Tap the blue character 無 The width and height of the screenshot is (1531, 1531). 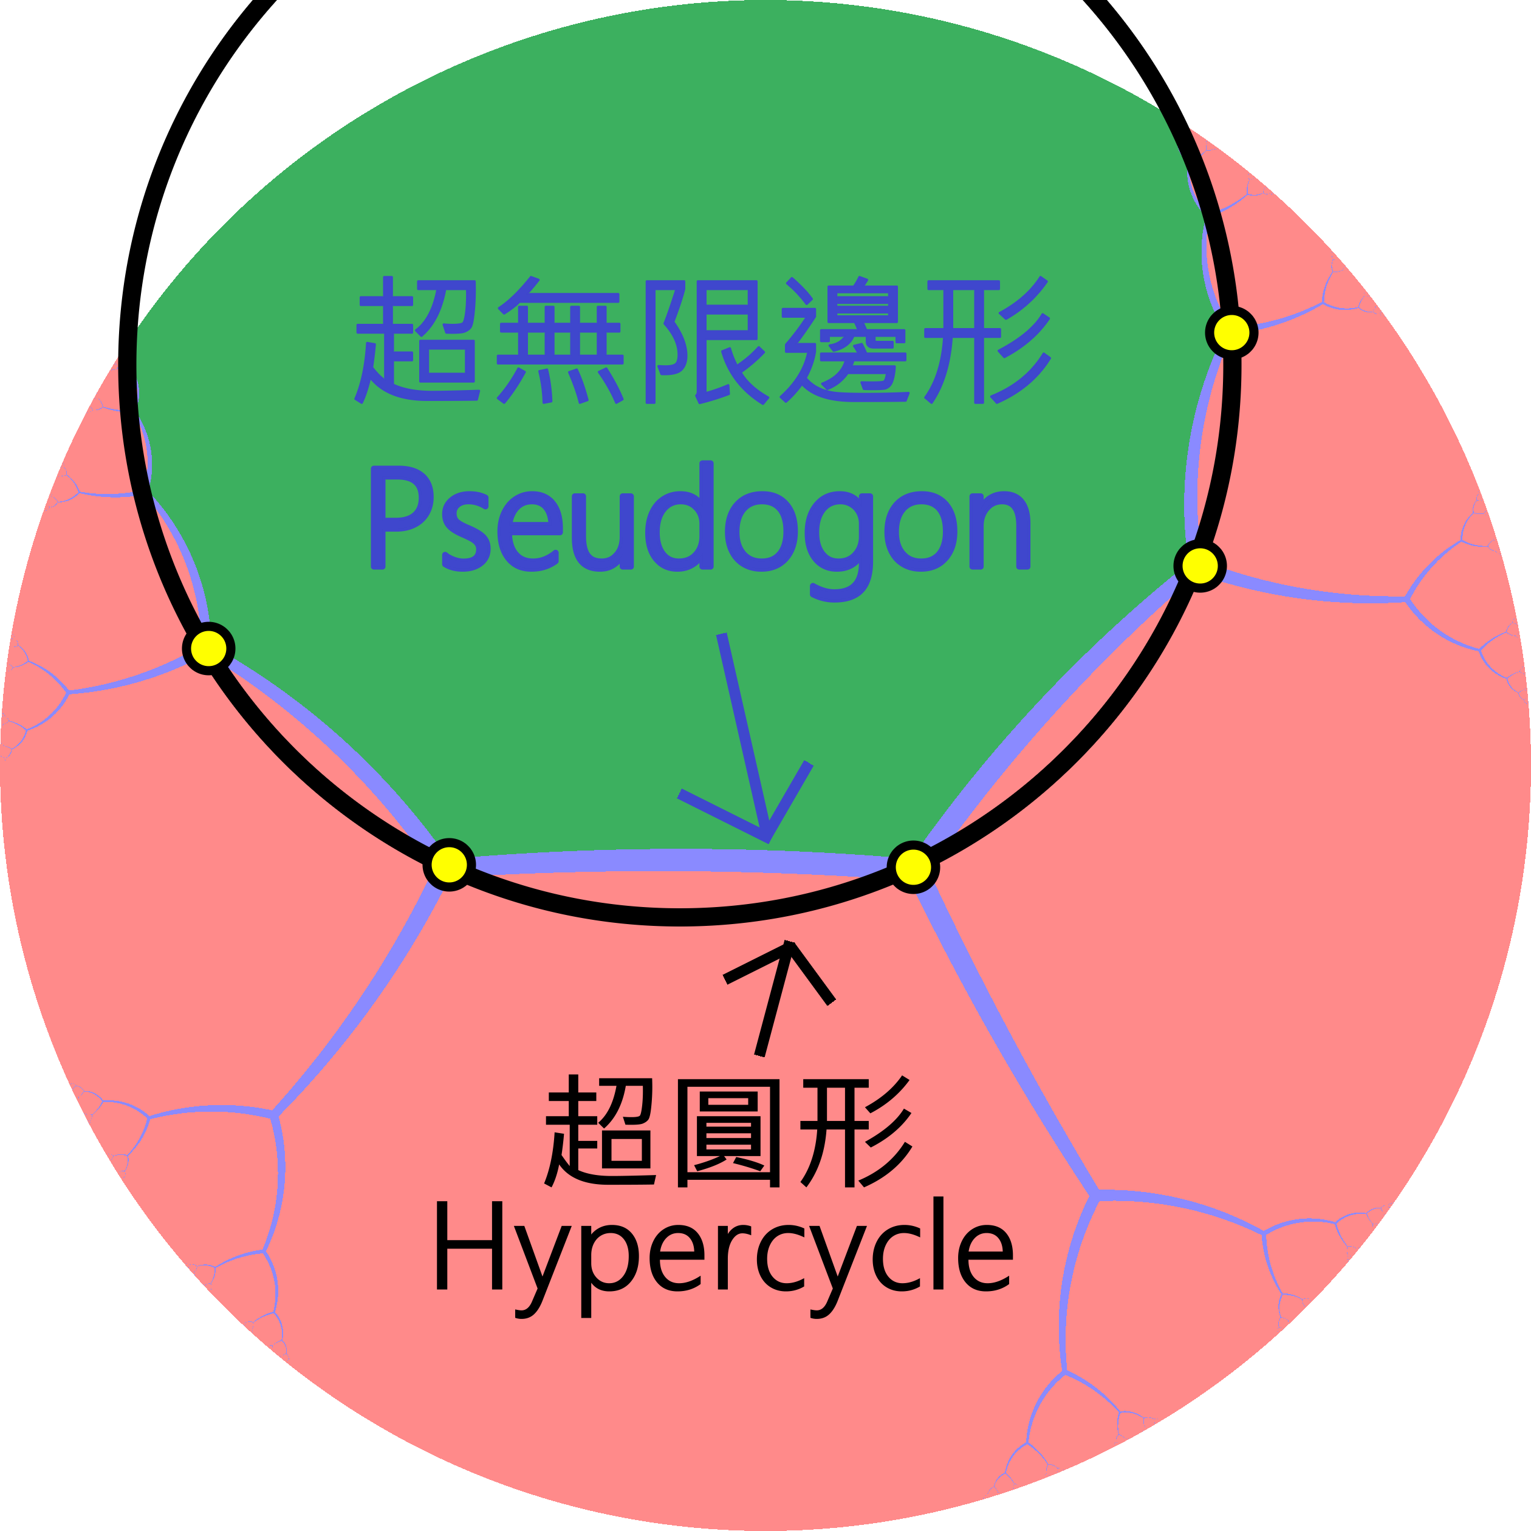coord(560,341)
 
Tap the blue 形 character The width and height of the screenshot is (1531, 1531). coord(987,340)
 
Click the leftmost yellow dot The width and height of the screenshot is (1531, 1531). coord(208,649)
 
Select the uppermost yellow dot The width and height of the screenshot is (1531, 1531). coord(1231,332)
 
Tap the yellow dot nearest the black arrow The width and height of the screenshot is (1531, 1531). coord(913,868)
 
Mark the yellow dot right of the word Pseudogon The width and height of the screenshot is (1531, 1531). coord(1200,566)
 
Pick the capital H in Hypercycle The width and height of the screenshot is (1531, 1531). coord(469,1245)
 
